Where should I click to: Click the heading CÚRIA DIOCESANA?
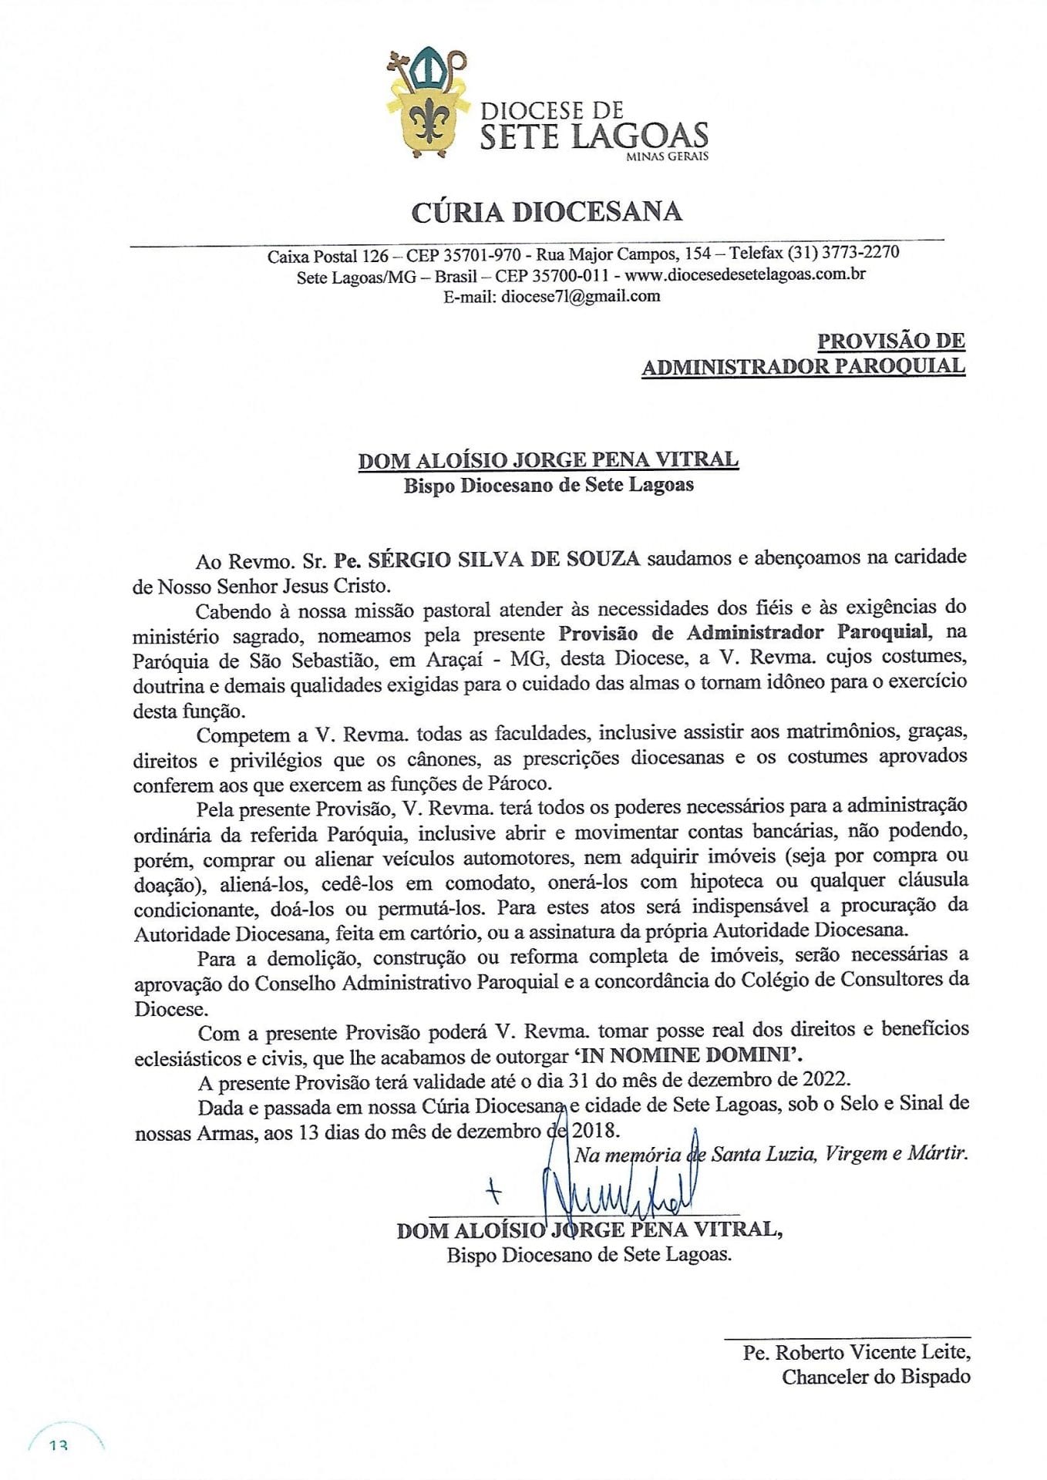(x=546, y=212)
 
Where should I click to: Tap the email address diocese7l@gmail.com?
(x=580, y=296)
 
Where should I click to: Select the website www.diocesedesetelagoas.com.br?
(x=745, y=275)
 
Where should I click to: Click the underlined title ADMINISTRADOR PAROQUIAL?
(x=803, y=366)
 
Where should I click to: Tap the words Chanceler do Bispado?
(x=876, y=1377)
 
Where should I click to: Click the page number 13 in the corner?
(x=59, y=1446)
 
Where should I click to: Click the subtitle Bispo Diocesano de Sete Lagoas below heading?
(x=548, y=486)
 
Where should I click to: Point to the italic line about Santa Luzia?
(x=769, y=1154)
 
